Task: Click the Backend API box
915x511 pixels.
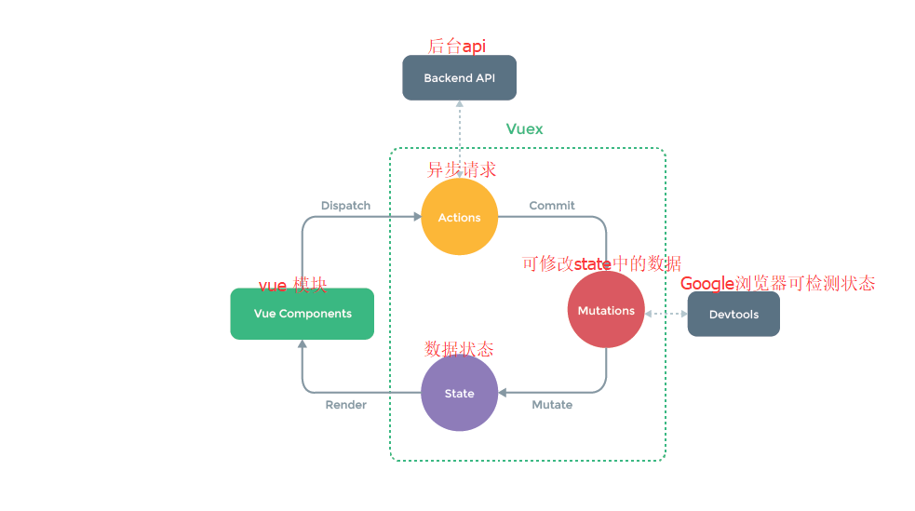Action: (459, 78)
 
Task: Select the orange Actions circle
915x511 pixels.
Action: (459, 218)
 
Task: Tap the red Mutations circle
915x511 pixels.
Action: (606, 311)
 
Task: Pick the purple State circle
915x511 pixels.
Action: (459, 393)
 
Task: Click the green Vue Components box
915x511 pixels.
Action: (303, 314)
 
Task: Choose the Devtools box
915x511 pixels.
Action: (733, 315)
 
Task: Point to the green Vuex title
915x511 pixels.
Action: (524, 129)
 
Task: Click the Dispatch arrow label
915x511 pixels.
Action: (345, 206)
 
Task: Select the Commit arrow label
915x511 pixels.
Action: (552, 206)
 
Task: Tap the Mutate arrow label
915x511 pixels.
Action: (552, 405)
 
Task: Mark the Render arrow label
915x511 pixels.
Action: (345, 405)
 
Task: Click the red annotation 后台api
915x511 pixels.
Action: (456, 46)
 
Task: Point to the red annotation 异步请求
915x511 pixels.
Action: (462, 169)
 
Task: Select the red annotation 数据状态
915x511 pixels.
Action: (459, 349)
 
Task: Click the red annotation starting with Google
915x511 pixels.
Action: (777, 284)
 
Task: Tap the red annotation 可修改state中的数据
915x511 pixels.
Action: (601, 263)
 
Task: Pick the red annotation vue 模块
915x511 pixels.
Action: (292, 286)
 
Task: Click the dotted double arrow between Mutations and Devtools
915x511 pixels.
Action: (666, 314)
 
